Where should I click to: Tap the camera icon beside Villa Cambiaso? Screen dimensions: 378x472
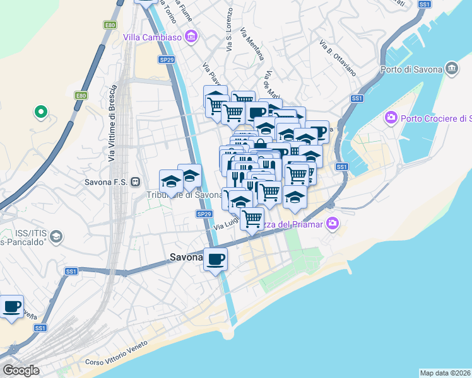pyautogui.click(x=192, y=37)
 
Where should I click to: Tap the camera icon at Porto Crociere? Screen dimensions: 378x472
pyautogui.click(x=391, y=118)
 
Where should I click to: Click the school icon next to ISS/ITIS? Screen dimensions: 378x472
pyautogui.click(x=56, y=236)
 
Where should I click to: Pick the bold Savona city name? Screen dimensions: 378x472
pyautogui.click(x=186, y=257)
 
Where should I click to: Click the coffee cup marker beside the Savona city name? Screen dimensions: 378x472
pyautogui.click(x=215, y=258)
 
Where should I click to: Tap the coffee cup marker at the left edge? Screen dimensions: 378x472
pyautogui.click(x=11, y=307)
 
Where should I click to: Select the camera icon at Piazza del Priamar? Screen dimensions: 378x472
pyautogui.click(x=333, y=224)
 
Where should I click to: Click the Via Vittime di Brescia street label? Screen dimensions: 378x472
pyautogui.click(x=113, y=123)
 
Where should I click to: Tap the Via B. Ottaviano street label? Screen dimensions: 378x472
pyautogui.click(x=338, y=59)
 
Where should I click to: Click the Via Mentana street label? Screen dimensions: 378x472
pyautogui.click(x=252, y=43)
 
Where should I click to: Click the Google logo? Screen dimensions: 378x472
pyautogui.click(x=20, y=370)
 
